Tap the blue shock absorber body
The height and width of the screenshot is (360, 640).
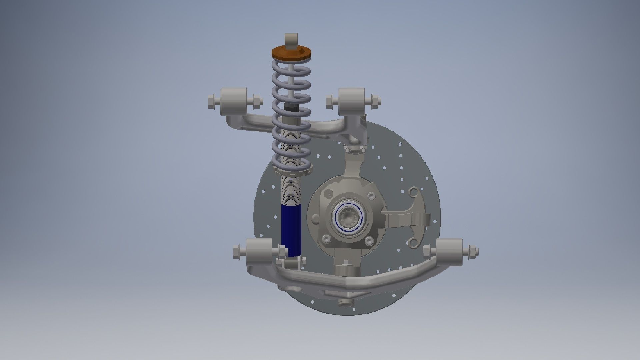point(291,230)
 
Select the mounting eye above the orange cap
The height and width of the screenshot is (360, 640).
point(291,40)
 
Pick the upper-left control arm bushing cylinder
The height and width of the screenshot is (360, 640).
point(234,99)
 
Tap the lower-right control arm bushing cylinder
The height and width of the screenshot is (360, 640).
point(449,250)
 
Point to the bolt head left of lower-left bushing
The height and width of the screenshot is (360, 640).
point(237,251)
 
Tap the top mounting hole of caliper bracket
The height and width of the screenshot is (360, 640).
point(414,192)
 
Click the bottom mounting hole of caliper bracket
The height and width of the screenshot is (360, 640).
point(413,242)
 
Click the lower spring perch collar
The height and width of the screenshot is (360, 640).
point(291,172)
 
